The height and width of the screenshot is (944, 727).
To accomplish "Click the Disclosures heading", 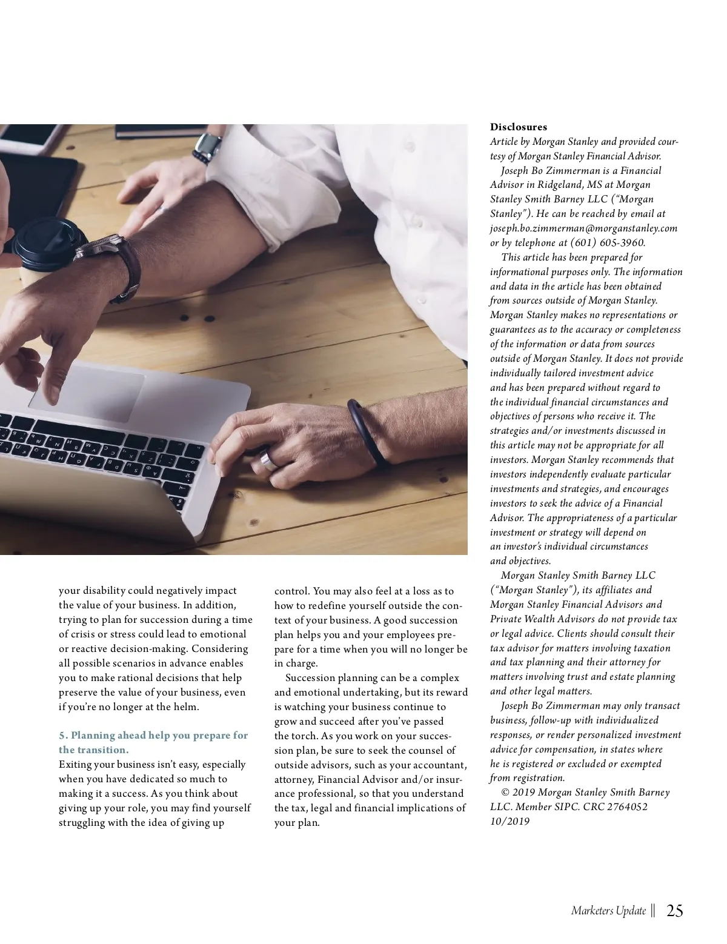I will tap(518, 127).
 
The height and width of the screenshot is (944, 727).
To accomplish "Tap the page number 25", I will tap(675, 911).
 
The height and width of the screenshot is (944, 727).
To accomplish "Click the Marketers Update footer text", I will tap(608, 911).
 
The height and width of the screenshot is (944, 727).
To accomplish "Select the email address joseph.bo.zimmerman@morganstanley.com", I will tap(583, 228).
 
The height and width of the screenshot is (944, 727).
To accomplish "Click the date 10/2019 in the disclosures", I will tap(510, 822).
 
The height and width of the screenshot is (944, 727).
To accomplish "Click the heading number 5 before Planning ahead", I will tap(62, 736).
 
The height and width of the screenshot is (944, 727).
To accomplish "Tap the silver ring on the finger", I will tap(268, 461).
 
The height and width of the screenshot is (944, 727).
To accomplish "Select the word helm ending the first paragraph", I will tap(185, 707).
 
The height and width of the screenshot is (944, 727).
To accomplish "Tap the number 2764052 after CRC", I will tap(626, 807).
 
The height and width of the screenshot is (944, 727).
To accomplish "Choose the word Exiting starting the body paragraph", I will tap(76, 765).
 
